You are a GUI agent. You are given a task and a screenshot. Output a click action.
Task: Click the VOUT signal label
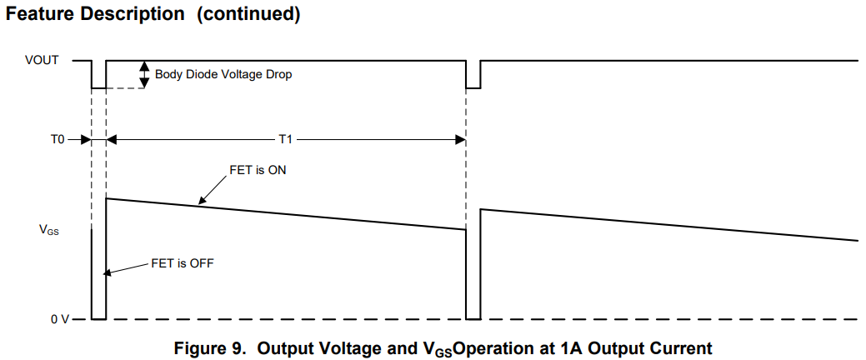44,61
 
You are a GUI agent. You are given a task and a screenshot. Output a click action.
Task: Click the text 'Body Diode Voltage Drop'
223,74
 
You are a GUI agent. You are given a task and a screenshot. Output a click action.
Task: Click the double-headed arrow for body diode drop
144,73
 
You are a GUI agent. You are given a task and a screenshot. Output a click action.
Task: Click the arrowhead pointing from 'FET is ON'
201,201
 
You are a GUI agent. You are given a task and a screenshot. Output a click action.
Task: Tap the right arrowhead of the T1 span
460,140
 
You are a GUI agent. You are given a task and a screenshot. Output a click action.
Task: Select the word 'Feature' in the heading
41,14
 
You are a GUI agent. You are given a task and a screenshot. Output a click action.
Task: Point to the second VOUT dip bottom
473,87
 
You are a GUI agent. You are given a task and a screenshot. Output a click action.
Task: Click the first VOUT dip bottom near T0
98,87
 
